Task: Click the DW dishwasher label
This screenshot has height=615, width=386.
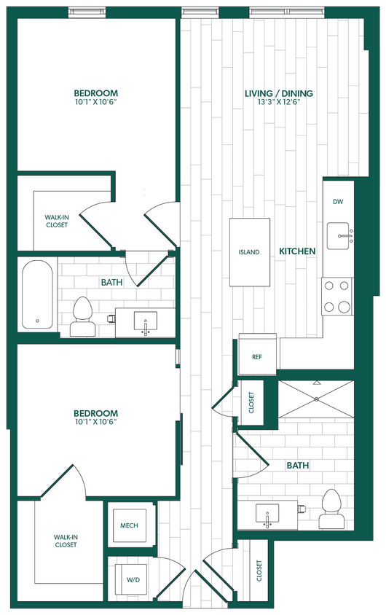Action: (337, 202)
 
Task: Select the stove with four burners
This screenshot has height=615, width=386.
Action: (337, 297)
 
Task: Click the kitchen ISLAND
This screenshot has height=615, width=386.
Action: (248, 252)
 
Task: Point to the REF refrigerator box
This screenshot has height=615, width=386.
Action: (257, 356)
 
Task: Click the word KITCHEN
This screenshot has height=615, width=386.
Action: (297, 251)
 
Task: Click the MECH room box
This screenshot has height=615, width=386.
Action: (128, 525)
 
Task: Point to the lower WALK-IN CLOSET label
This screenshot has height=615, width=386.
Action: (66, 541)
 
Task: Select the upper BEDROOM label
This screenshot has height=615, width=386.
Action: (95, 93)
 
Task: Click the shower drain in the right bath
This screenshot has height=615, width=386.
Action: (317, 399)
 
